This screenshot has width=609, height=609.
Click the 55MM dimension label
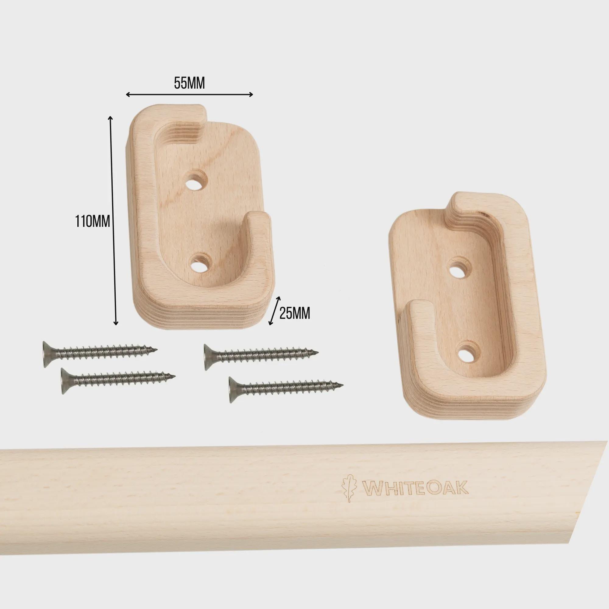point(189,83)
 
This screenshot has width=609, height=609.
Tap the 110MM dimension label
point(92,221)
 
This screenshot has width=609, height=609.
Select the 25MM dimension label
point(295,313)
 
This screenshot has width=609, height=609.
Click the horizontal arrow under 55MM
point(189,95)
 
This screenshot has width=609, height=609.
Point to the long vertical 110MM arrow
point(113,220)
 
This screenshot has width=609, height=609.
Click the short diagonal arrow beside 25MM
point(274,311)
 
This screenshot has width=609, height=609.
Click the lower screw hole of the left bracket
point(201,264)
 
